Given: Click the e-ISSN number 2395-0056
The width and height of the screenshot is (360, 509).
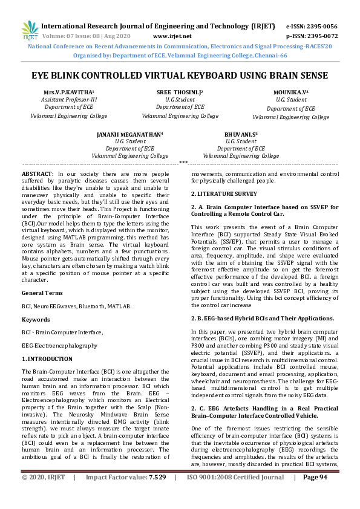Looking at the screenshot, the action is click(320, 27).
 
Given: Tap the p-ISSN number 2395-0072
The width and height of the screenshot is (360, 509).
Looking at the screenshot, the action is click(320, 36).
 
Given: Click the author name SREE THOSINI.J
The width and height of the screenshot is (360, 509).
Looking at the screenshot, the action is click(180, 91).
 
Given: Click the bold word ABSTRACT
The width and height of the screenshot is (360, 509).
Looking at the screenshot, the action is click(38, 173).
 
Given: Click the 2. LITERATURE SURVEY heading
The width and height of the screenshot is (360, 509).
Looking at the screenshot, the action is click(224, 193).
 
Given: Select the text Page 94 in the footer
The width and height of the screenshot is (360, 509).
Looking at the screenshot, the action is click(315, 494).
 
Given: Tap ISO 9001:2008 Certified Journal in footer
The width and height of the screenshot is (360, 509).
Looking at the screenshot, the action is click(235, 494).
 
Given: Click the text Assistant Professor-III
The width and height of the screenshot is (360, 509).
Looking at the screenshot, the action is click(68, 99).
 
